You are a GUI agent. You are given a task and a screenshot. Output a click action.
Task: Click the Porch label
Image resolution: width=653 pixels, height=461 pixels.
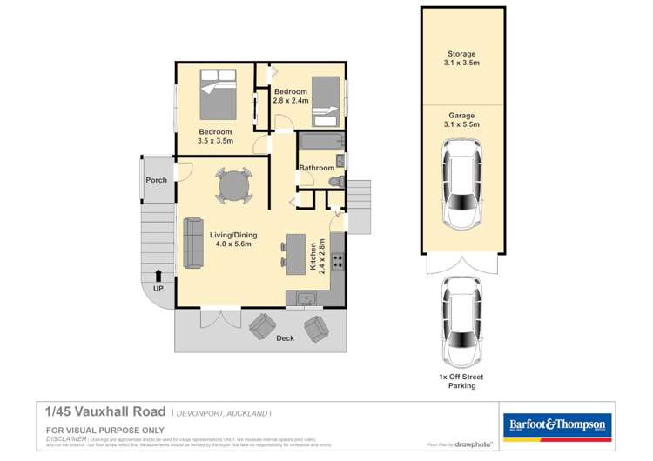tap(156, 180)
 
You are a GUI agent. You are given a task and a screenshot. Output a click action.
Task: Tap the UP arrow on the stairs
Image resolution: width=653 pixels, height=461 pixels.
tap(158, 277)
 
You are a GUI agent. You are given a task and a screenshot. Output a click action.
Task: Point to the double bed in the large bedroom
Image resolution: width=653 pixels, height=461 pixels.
tap(217, 95)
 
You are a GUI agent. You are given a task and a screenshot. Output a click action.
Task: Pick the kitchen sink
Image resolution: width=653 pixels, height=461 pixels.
tap(306, 300)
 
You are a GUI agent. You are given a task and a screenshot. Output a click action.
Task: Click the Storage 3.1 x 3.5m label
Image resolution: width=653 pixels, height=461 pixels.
tap(461, 59)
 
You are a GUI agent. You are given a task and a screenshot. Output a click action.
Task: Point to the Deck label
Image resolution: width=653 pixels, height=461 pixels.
tap(285, 337)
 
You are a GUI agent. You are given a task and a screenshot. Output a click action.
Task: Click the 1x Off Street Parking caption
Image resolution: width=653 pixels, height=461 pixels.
tap(461, 381)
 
